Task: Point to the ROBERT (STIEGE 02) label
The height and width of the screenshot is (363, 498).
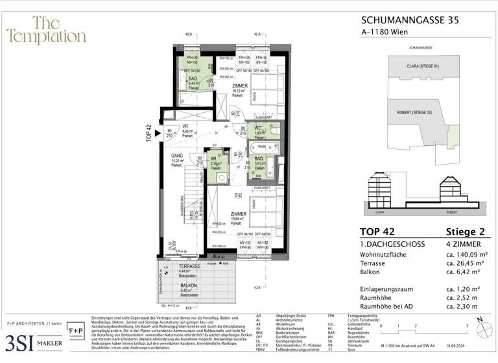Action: tap(414, 112)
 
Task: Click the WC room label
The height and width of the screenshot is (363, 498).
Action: tap(257, 128)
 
